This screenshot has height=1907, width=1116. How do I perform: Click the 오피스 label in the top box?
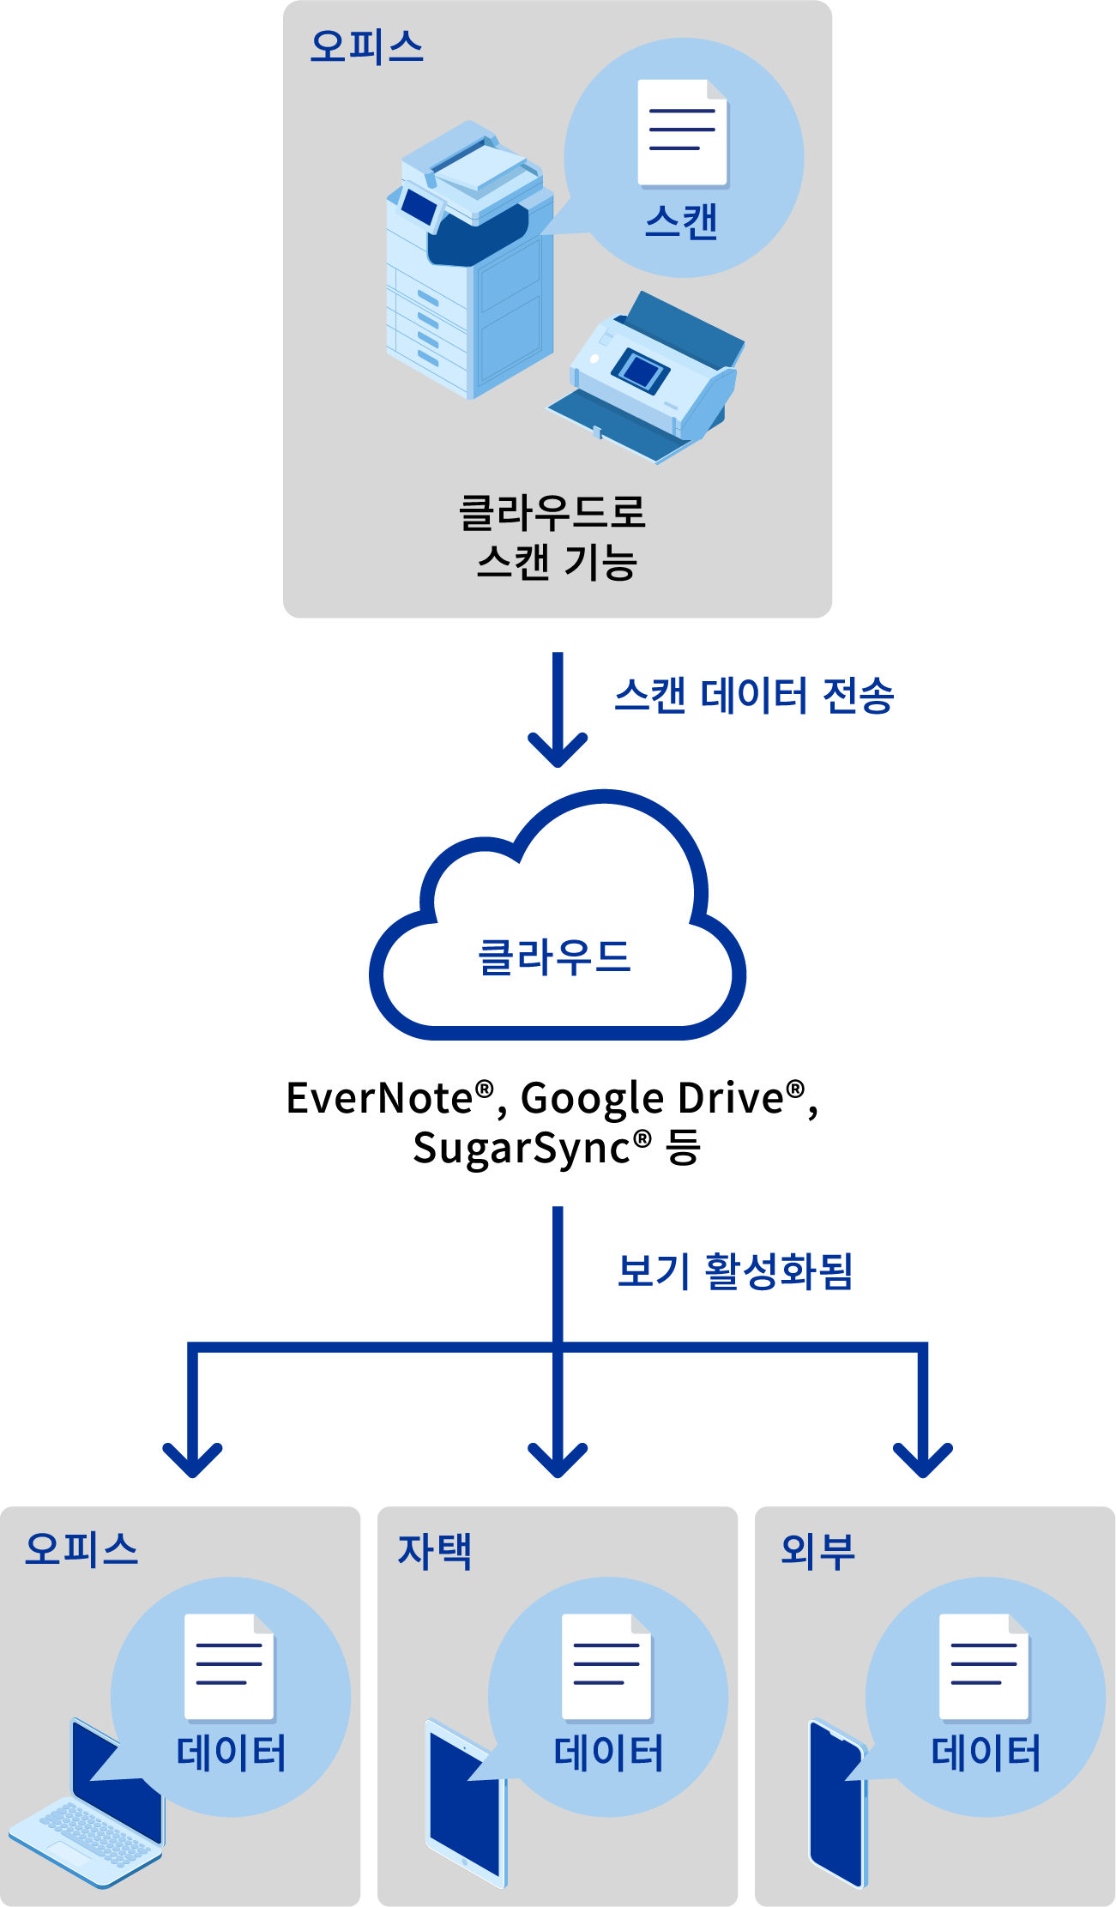(x=366, y=46)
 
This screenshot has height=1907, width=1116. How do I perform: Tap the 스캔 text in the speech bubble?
(x=681, y=222)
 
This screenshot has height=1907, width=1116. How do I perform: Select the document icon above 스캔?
(x=683, y=133)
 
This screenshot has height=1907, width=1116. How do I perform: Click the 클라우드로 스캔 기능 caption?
(x=554, y=538)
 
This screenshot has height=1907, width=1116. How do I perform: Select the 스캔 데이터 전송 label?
(x=754, y=696)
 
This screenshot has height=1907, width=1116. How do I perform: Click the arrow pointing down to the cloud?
(x=558, y=712)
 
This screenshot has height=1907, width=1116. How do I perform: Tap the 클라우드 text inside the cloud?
(x=554, y=957)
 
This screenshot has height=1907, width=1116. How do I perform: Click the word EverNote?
(x=379, y=1099)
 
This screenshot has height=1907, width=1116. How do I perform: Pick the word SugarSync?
(x=522, y=1149)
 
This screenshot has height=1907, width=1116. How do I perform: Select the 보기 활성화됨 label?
(x=735, y=1271)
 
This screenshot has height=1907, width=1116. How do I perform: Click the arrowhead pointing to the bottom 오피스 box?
(x=193, y=1457)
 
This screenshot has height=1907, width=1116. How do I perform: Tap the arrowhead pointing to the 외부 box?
(x=923, y=1457)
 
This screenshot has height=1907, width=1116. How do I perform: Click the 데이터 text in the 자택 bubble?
(x=609, y=1753)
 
